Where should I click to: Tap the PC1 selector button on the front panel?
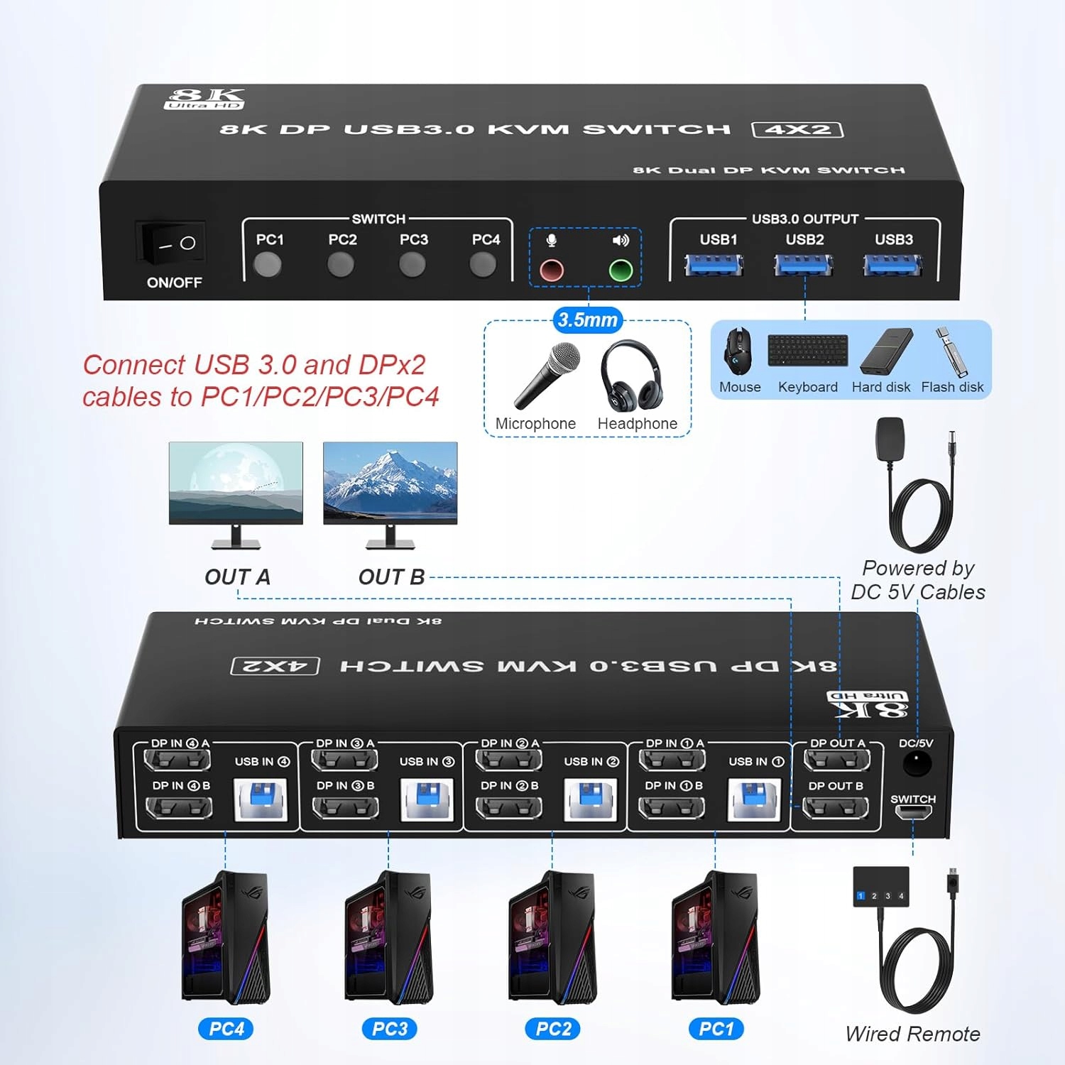(268, 266)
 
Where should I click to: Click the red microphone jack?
(552, 271)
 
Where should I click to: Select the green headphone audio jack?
(621, 271)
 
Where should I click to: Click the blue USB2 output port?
(803, 266)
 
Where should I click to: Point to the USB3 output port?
(892, 266)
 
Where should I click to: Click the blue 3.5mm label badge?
(587, 320)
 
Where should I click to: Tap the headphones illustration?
(630, 376)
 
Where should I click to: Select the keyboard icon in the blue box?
(807, 351)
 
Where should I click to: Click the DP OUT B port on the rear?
(836, 808)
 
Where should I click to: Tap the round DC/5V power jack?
(916, 764)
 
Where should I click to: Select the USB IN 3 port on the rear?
(426, 799)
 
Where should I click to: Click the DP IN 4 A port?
(177, 760)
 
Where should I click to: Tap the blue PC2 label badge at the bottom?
(553, 1029)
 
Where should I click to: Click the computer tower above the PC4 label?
(226, 937)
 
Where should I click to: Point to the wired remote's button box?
(880, 887)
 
